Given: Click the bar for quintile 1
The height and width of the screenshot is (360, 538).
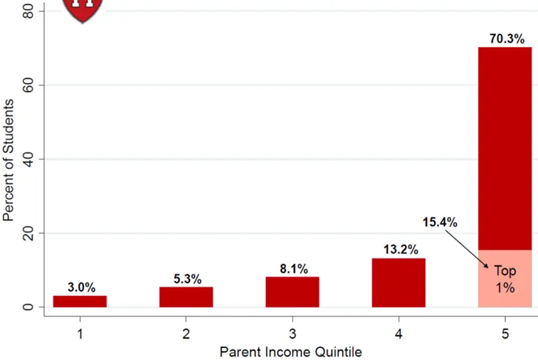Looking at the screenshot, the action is [80, 302].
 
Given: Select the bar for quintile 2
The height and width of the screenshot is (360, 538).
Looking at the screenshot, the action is [186, 297].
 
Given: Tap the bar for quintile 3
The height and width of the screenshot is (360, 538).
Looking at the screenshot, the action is [292, 292].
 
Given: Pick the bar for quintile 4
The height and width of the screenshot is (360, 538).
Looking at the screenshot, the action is [399, 282].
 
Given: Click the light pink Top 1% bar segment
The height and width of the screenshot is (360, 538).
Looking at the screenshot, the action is [505, 279].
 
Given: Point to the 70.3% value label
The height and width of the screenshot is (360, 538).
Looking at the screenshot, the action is [507, 39].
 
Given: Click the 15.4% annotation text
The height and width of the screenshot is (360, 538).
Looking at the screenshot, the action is [440, 222].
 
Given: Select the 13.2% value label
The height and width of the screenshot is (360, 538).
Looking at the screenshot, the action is [401, 250].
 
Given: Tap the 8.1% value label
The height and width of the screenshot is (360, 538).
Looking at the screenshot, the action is [294, 269].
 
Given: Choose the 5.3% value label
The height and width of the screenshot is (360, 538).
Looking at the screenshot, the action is [187, 279].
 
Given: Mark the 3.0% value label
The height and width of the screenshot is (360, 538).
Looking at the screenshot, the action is [81, 287].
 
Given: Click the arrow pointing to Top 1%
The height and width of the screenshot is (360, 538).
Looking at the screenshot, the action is [467, 249].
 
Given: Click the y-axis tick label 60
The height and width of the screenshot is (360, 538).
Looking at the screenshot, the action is [28, 85].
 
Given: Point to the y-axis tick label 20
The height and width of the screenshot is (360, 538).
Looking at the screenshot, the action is [28, 233].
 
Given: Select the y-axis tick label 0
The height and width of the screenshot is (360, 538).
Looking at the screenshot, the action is [28, 307].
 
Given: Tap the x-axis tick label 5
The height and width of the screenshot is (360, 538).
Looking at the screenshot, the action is [505, 334].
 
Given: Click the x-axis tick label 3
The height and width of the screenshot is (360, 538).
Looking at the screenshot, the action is [292, 334].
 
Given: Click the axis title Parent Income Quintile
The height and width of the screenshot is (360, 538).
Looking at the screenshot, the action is [290, 352].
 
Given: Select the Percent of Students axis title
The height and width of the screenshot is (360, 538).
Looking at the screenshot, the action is [9, 160].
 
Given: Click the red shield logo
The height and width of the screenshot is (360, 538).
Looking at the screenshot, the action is [83, 11].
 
